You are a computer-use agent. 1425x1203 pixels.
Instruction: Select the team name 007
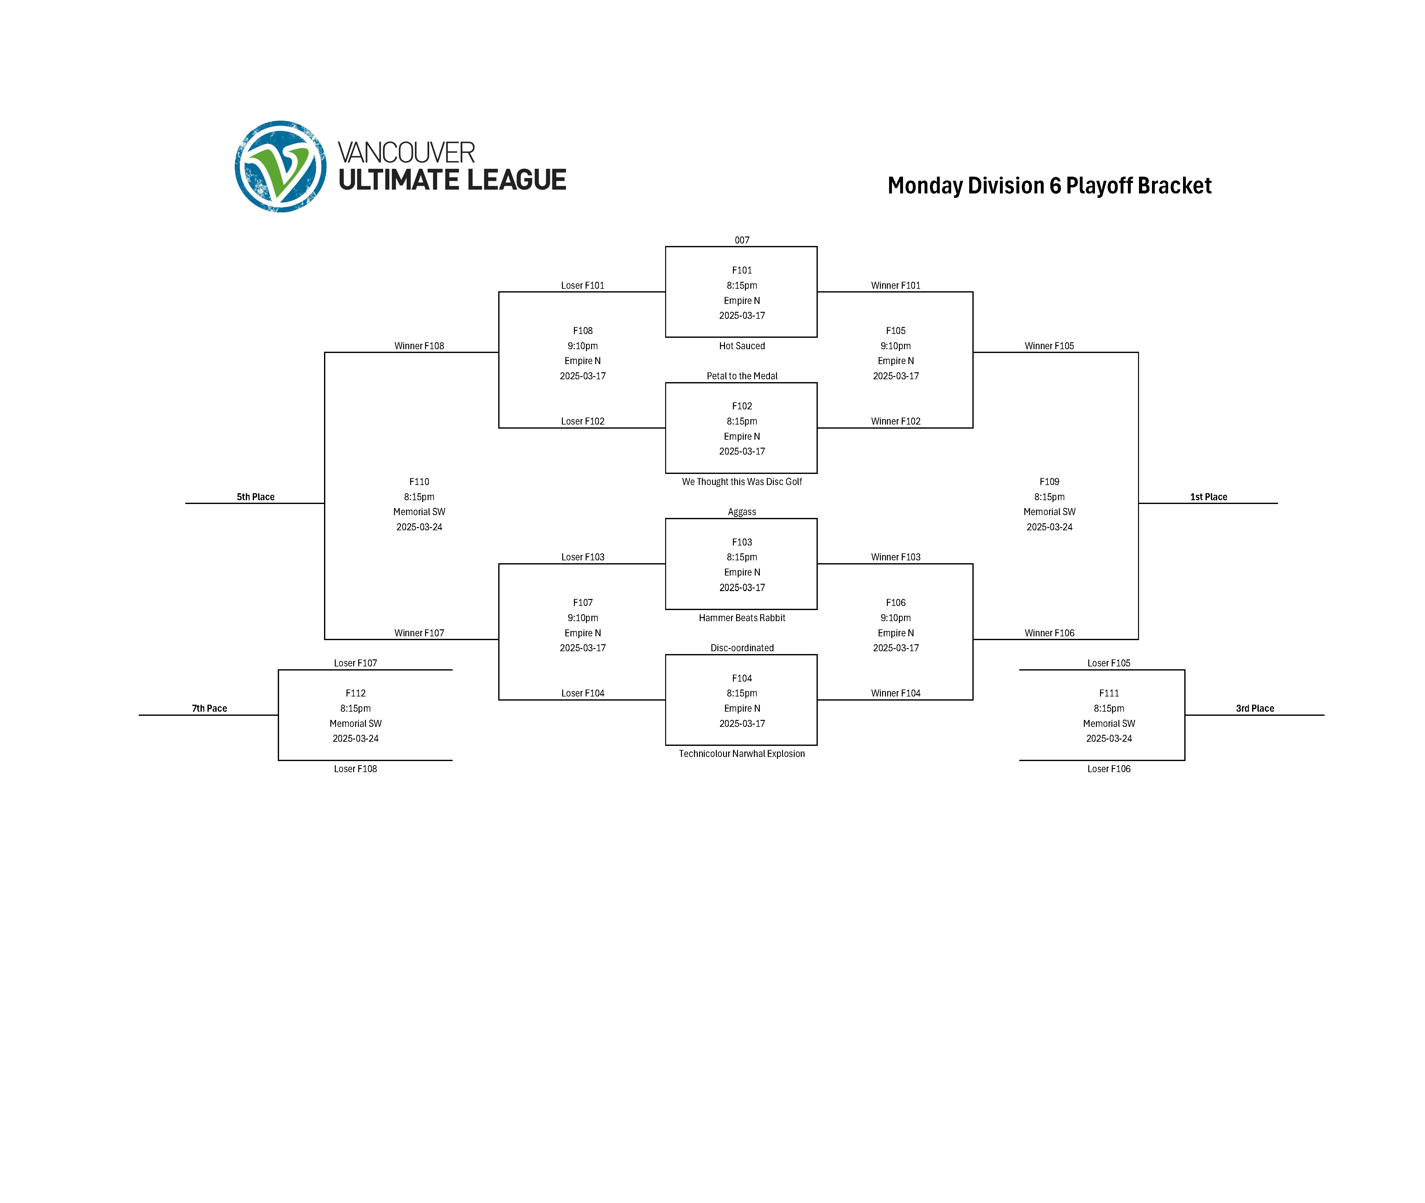tap(741, 240)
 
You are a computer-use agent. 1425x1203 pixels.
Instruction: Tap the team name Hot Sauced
tap(741, 346)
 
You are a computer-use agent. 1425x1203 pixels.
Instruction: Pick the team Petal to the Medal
tap(741, 376)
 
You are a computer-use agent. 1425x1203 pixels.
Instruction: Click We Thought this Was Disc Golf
tap(741, 482)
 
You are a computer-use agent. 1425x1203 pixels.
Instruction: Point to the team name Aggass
tap(741, 512)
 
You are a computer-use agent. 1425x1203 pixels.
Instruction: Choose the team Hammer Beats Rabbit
tap(741, 618)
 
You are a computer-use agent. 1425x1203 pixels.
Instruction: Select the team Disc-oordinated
tap(741, 648)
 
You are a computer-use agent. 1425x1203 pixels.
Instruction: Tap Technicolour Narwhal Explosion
tap(741, 753)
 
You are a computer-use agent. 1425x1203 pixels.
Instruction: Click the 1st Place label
tap(1208, 497)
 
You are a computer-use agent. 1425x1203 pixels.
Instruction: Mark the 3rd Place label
tap(1255, 709)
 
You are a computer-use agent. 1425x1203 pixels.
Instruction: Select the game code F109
tap(1049, 482)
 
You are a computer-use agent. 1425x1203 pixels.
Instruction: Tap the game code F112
tap(355, 693)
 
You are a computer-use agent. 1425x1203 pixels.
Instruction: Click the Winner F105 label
tap(1049, 346)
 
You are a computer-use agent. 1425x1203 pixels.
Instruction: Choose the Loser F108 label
tap(355, 769)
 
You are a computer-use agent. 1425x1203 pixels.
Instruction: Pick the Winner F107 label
tap(419, 633)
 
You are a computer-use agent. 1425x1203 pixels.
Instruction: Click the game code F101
tap(741, 270)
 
